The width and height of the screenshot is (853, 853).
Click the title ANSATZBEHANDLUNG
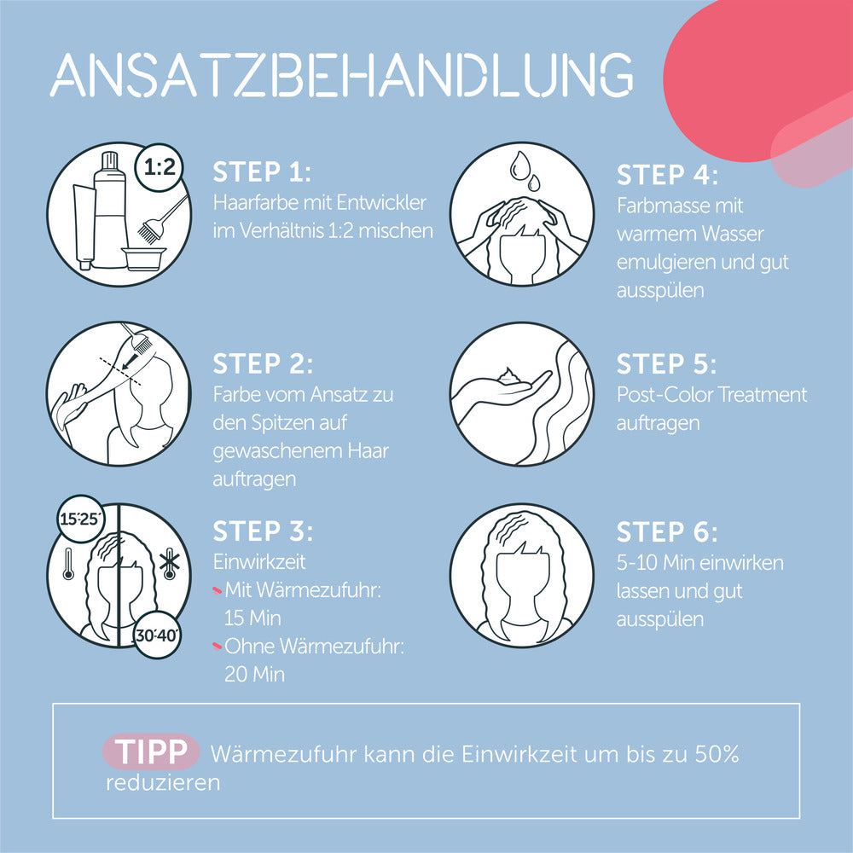click(x=342, y=74)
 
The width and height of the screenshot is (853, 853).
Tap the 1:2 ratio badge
click(x=160, y=167)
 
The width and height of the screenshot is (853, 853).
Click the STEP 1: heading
click(x=262, y=172)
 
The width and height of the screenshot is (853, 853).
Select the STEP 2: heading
click(x=263, y=364)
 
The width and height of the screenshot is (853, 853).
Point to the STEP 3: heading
click(x=263, y=531)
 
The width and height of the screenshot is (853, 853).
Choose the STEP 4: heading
click(x=667, y=175)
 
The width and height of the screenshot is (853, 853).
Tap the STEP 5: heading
click(x=666, y=364)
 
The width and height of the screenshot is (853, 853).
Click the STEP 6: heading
click(x=667, y=532)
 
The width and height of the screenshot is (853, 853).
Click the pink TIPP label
click(x=151, y=751)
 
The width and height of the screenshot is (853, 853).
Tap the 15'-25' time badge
click(x=80, y=519)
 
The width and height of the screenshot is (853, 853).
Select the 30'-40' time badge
click(x=157, y=635)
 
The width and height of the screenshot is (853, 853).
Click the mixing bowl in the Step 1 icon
click(x=143, y=259)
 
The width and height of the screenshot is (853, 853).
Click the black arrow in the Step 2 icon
click(x=130, y=360)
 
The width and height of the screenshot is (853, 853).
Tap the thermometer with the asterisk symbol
click(x=170, y=564)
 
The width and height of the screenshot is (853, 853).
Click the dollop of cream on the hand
click(x=510, y=375)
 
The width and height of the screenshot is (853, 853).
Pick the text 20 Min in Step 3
click(x=254, y=675)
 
